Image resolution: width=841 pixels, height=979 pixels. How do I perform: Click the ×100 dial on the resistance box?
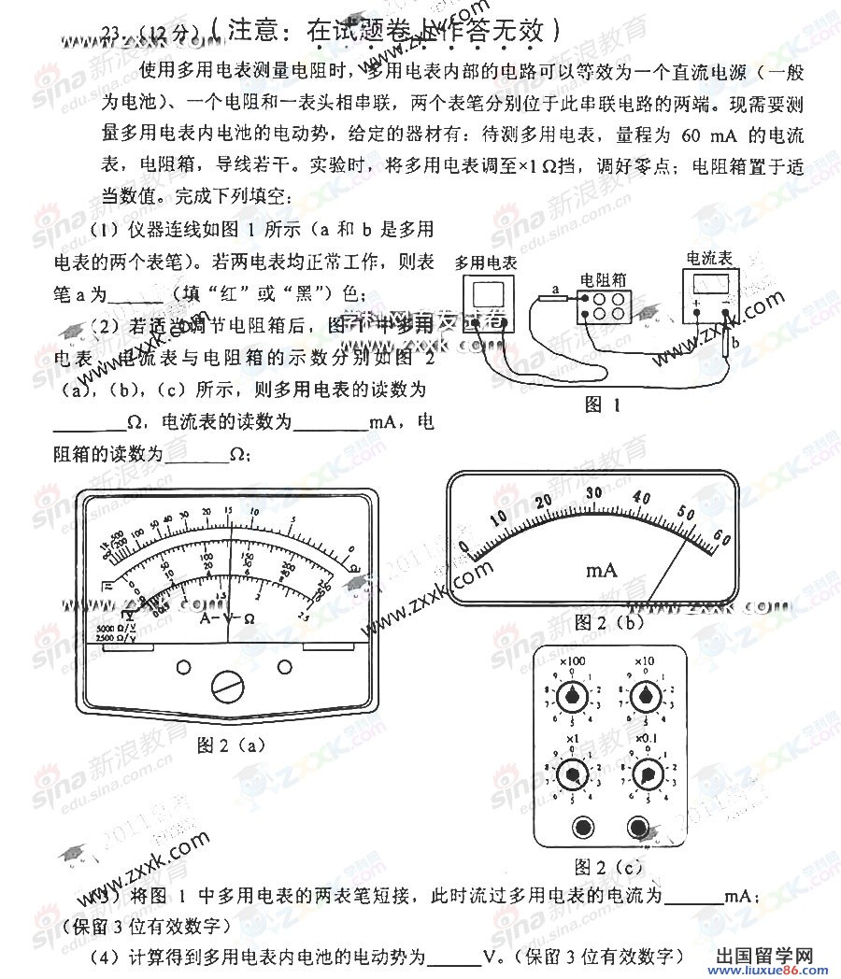pyautogui.click(x=568, y=696)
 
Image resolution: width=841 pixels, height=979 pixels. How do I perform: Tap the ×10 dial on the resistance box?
pyautogui.click(x=643, y=696)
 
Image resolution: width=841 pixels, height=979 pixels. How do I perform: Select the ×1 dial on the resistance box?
pyautogui.click(x=568, y=774)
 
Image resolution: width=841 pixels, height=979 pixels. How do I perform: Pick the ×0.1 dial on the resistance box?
pyautogui.click(x=643, y=774)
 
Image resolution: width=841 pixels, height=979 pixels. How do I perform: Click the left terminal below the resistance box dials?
pyautogui.click(x=585, y=827)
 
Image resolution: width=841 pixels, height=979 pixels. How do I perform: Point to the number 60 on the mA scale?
pyautogui.click(x=721, y=535)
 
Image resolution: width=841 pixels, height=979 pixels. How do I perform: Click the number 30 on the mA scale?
pyautogui.click(x=592, y=492)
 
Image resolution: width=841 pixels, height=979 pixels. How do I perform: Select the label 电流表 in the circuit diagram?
pyautogui.click(x=709, y=257)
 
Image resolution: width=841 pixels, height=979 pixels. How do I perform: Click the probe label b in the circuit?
pyautogui.click(x=735, y=344)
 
